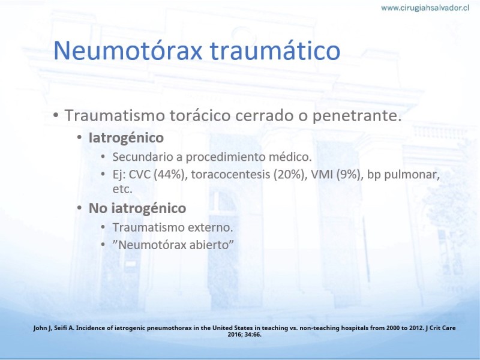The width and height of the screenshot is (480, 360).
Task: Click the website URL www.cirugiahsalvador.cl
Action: [425, 8]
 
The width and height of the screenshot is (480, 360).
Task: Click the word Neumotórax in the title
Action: [128, 50]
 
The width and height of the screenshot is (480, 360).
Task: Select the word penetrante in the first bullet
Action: [357, 116]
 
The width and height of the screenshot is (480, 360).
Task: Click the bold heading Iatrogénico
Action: [126, 138]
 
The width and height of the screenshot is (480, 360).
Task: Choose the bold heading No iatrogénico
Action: [137, 208]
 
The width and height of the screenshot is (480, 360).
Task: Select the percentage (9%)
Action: [349, 175]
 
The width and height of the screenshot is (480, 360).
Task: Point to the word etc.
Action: [122, 189]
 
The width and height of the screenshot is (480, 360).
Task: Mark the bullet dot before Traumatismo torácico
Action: [56, 116]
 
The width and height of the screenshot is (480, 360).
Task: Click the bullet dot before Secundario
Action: [103, 157]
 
